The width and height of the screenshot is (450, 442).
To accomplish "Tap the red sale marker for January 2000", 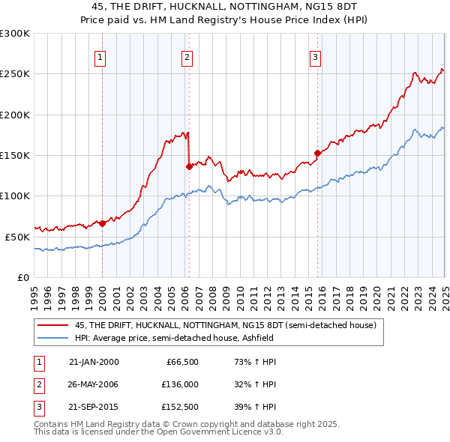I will click(x=102, y=223).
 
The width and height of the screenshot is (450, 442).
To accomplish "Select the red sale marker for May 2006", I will click(x=189, y=167).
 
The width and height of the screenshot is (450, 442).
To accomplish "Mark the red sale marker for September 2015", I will click(x=317, y=154).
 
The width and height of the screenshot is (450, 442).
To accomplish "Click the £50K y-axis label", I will click(x=17, y=237).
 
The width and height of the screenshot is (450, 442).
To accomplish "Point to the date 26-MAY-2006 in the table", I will click(x=94, y=385).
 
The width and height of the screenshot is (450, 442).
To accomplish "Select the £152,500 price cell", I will click(x=180, y=408).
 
